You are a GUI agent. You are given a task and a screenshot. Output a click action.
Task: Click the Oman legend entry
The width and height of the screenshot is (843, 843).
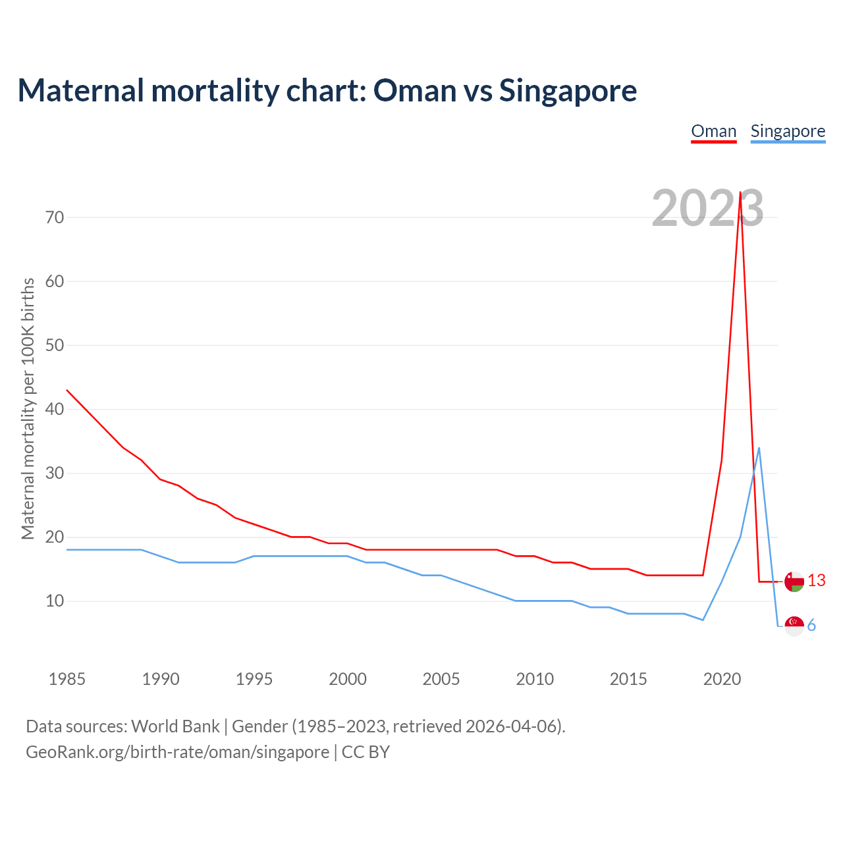coord(713,131)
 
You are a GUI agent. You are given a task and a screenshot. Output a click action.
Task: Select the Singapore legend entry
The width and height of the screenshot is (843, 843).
coord(788,131)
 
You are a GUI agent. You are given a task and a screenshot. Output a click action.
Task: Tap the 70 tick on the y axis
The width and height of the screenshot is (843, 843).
coord(55,217)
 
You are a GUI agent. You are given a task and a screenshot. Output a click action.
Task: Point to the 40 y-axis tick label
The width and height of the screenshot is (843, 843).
coord(55,409)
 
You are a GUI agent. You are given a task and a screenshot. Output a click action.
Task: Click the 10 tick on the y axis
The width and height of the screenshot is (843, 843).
coord(55,601)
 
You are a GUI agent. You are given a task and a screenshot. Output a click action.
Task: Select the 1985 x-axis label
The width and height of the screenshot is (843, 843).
coord(67,679)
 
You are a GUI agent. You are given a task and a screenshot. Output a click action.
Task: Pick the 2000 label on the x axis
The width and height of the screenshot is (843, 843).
coord(348,679)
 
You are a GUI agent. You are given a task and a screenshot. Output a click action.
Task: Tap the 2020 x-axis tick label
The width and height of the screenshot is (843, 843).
coord(722,679)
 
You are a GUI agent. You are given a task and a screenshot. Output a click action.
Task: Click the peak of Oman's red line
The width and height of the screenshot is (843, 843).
coord(740,192)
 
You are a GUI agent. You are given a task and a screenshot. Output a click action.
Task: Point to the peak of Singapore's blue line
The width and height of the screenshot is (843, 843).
coord(759,448)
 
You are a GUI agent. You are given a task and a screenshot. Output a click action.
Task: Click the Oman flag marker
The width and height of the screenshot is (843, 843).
coord(794,582)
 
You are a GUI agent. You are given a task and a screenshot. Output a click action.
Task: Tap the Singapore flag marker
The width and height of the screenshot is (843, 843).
coord(794,626)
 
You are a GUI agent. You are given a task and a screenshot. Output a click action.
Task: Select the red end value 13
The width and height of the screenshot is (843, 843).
coord(817,580)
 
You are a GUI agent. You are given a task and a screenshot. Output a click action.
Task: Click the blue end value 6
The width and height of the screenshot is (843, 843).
coord(812,626)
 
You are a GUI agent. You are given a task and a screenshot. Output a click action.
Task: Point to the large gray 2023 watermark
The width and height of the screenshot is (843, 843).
coord(707,208)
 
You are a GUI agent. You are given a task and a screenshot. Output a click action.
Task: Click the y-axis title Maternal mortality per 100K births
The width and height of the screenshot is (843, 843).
coord(28,408)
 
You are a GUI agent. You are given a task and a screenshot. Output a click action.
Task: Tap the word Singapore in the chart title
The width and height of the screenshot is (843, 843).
coord(568,90)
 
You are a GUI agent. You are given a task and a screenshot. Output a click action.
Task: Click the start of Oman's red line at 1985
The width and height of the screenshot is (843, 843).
coord(67,390)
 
